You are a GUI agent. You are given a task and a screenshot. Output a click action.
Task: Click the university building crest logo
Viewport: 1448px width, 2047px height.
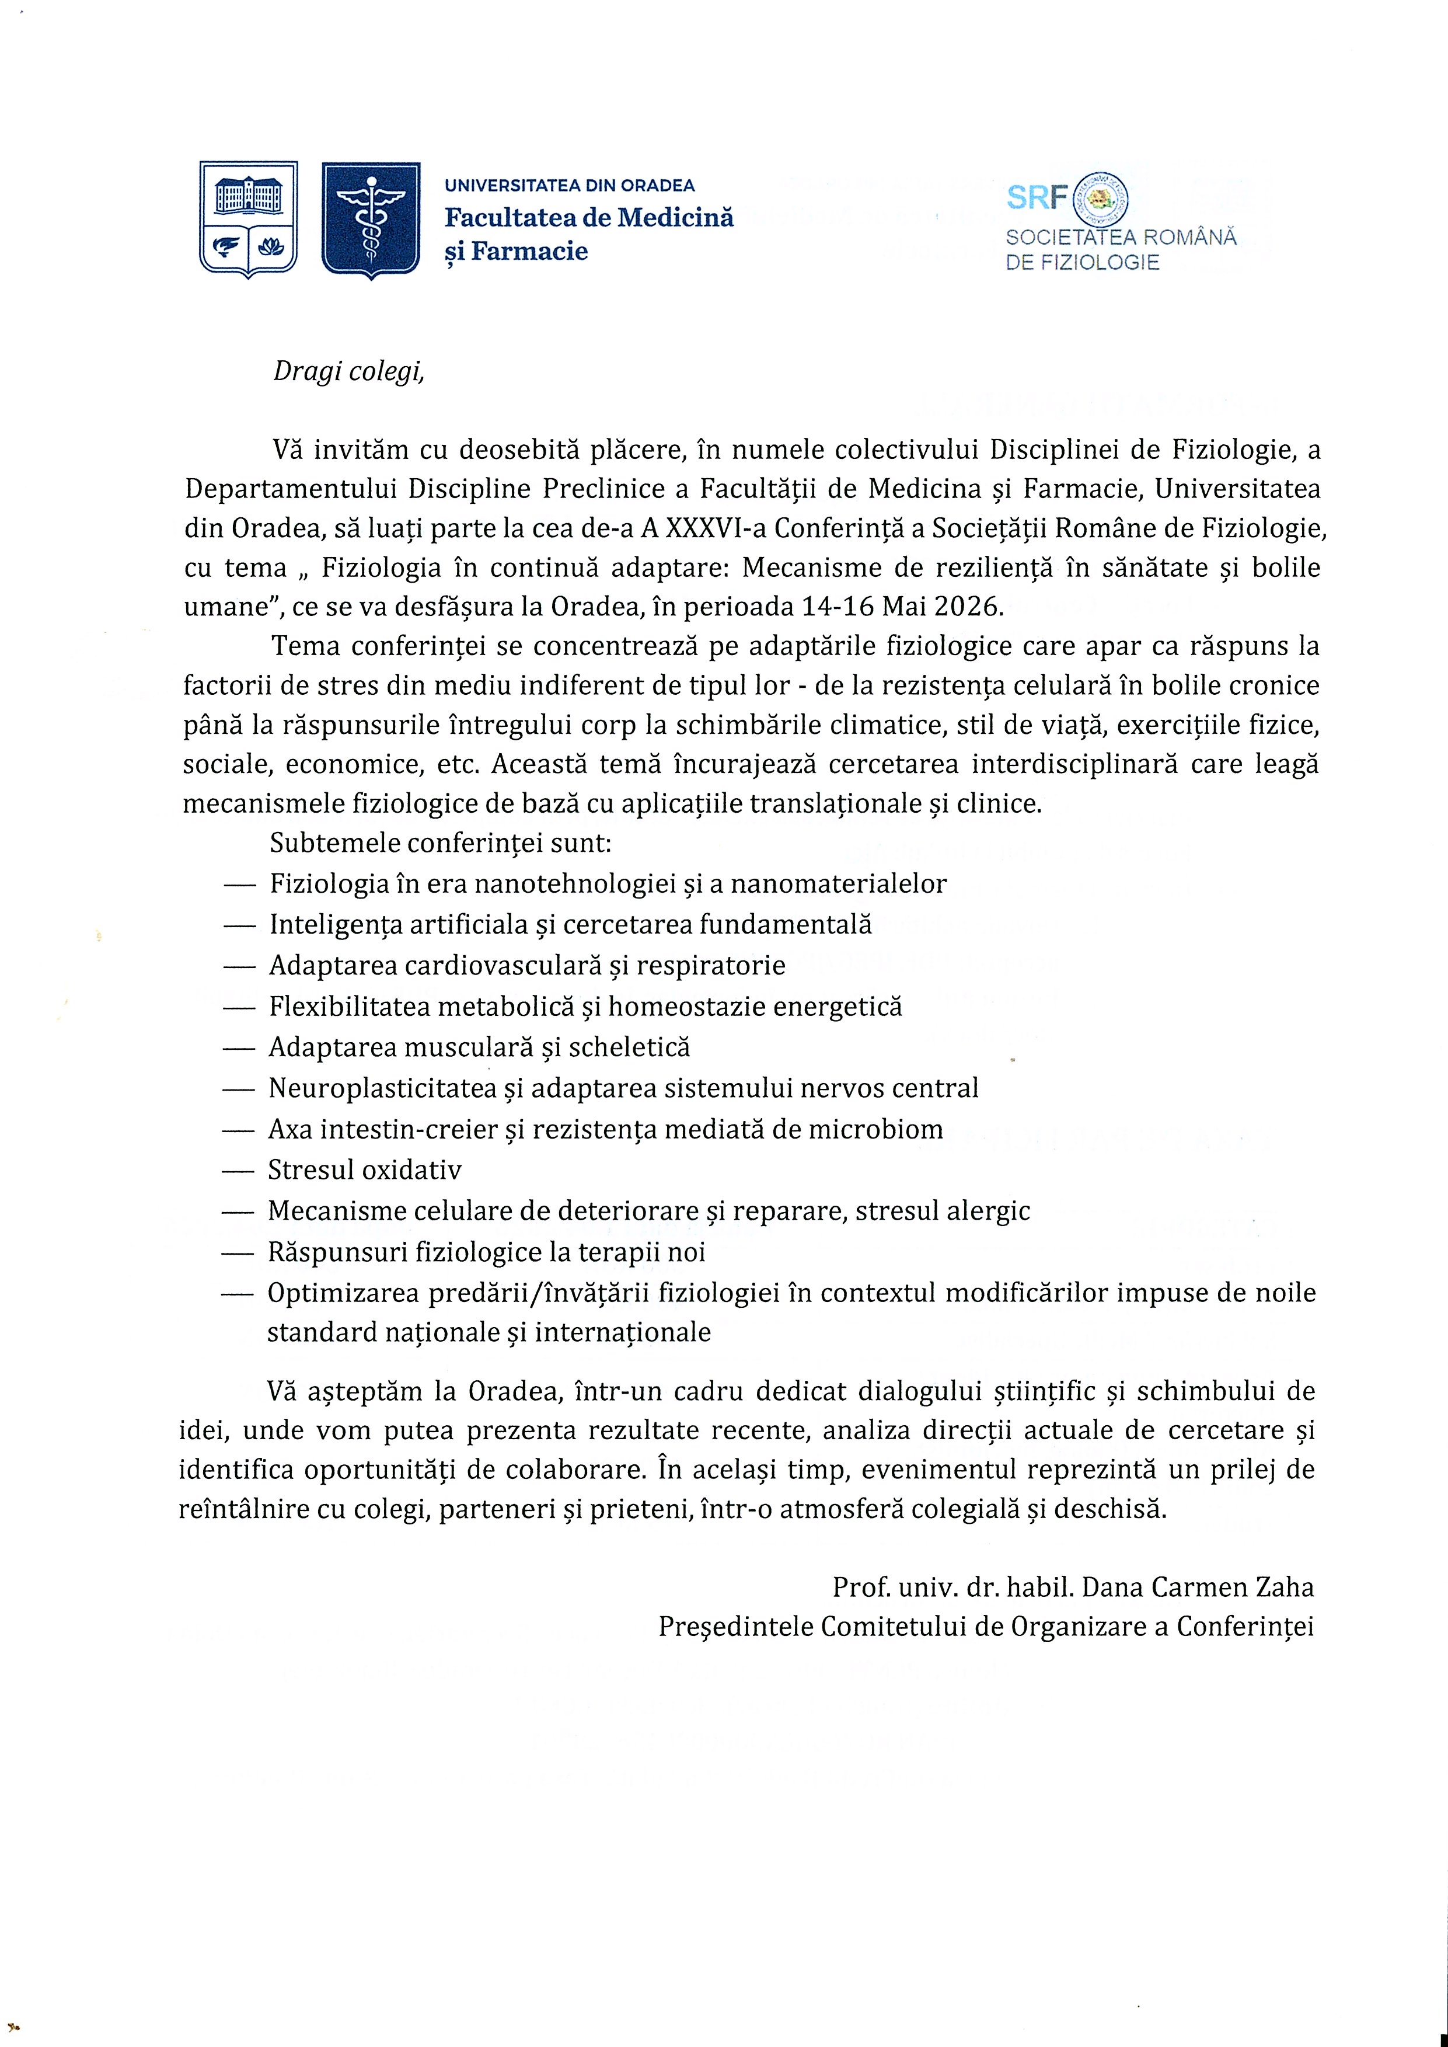tap(248, 218)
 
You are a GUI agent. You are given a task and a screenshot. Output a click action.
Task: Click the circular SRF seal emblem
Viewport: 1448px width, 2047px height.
tap(1102, 198)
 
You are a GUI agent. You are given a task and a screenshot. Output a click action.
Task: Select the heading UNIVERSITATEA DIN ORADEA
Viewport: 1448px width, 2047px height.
tap(570, 186)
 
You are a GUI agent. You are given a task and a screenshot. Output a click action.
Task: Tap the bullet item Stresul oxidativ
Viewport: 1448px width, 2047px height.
tap(365, 1169)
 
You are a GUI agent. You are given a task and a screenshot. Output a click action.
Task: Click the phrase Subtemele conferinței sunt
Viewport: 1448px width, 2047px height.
tap(441, 843)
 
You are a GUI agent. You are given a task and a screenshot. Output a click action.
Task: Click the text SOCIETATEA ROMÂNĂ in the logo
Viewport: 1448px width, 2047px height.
tap(1121, 238)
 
